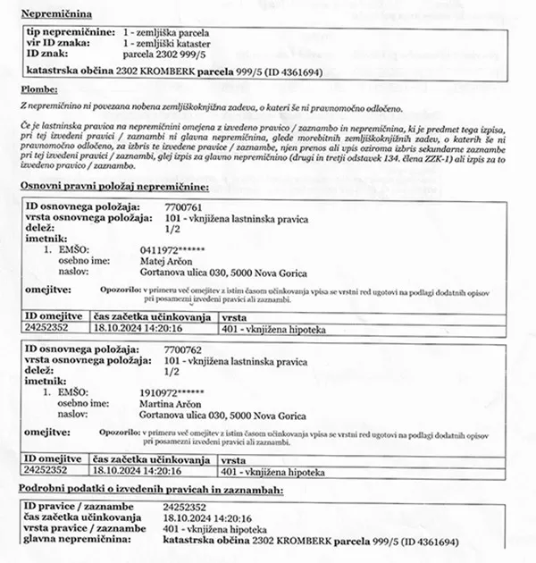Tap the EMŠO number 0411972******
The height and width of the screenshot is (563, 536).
180,250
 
